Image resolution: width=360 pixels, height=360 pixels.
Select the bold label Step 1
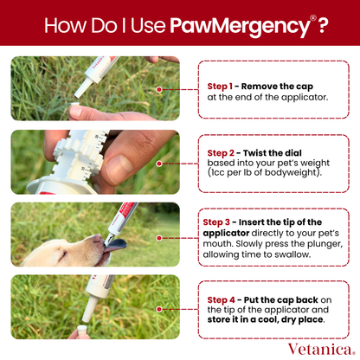[x=220, y=86]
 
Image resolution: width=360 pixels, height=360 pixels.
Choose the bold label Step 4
[x=221, y=299]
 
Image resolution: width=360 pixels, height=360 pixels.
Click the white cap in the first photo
[x=82, y=112]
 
